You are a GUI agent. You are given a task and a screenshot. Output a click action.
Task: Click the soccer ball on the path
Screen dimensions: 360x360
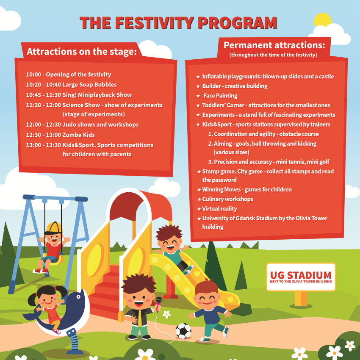point(183,331)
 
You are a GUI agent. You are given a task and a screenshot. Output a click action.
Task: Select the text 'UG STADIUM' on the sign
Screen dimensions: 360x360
point(301,275)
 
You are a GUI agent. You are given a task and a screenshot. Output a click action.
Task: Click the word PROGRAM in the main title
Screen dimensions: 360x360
point(237,22)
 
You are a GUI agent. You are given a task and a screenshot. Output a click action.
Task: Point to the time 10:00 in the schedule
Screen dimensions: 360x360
point(33,75)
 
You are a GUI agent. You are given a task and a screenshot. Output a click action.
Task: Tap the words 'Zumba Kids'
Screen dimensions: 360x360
point(78,135)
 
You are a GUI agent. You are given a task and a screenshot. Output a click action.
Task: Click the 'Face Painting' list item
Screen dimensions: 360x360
point(220,96)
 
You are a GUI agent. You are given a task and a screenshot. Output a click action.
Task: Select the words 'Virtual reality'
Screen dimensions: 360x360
point(219,209)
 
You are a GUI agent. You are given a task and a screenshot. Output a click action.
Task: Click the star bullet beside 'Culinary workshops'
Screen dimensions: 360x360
point(199,199)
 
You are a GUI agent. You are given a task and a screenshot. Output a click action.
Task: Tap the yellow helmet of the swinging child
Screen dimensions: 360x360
point(54,228)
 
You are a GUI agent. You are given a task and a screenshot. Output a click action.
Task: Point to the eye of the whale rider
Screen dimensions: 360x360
point(78,297)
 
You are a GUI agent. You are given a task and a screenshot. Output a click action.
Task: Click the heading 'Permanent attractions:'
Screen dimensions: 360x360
point(274,45)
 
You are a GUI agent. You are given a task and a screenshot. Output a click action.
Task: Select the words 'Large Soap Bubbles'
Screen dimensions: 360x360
point(89,85)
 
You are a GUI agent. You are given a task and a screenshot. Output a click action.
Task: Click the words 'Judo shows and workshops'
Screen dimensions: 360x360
point(100,125)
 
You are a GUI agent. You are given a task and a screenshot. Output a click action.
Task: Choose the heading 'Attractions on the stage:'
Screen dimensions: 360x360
point(82,52)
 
